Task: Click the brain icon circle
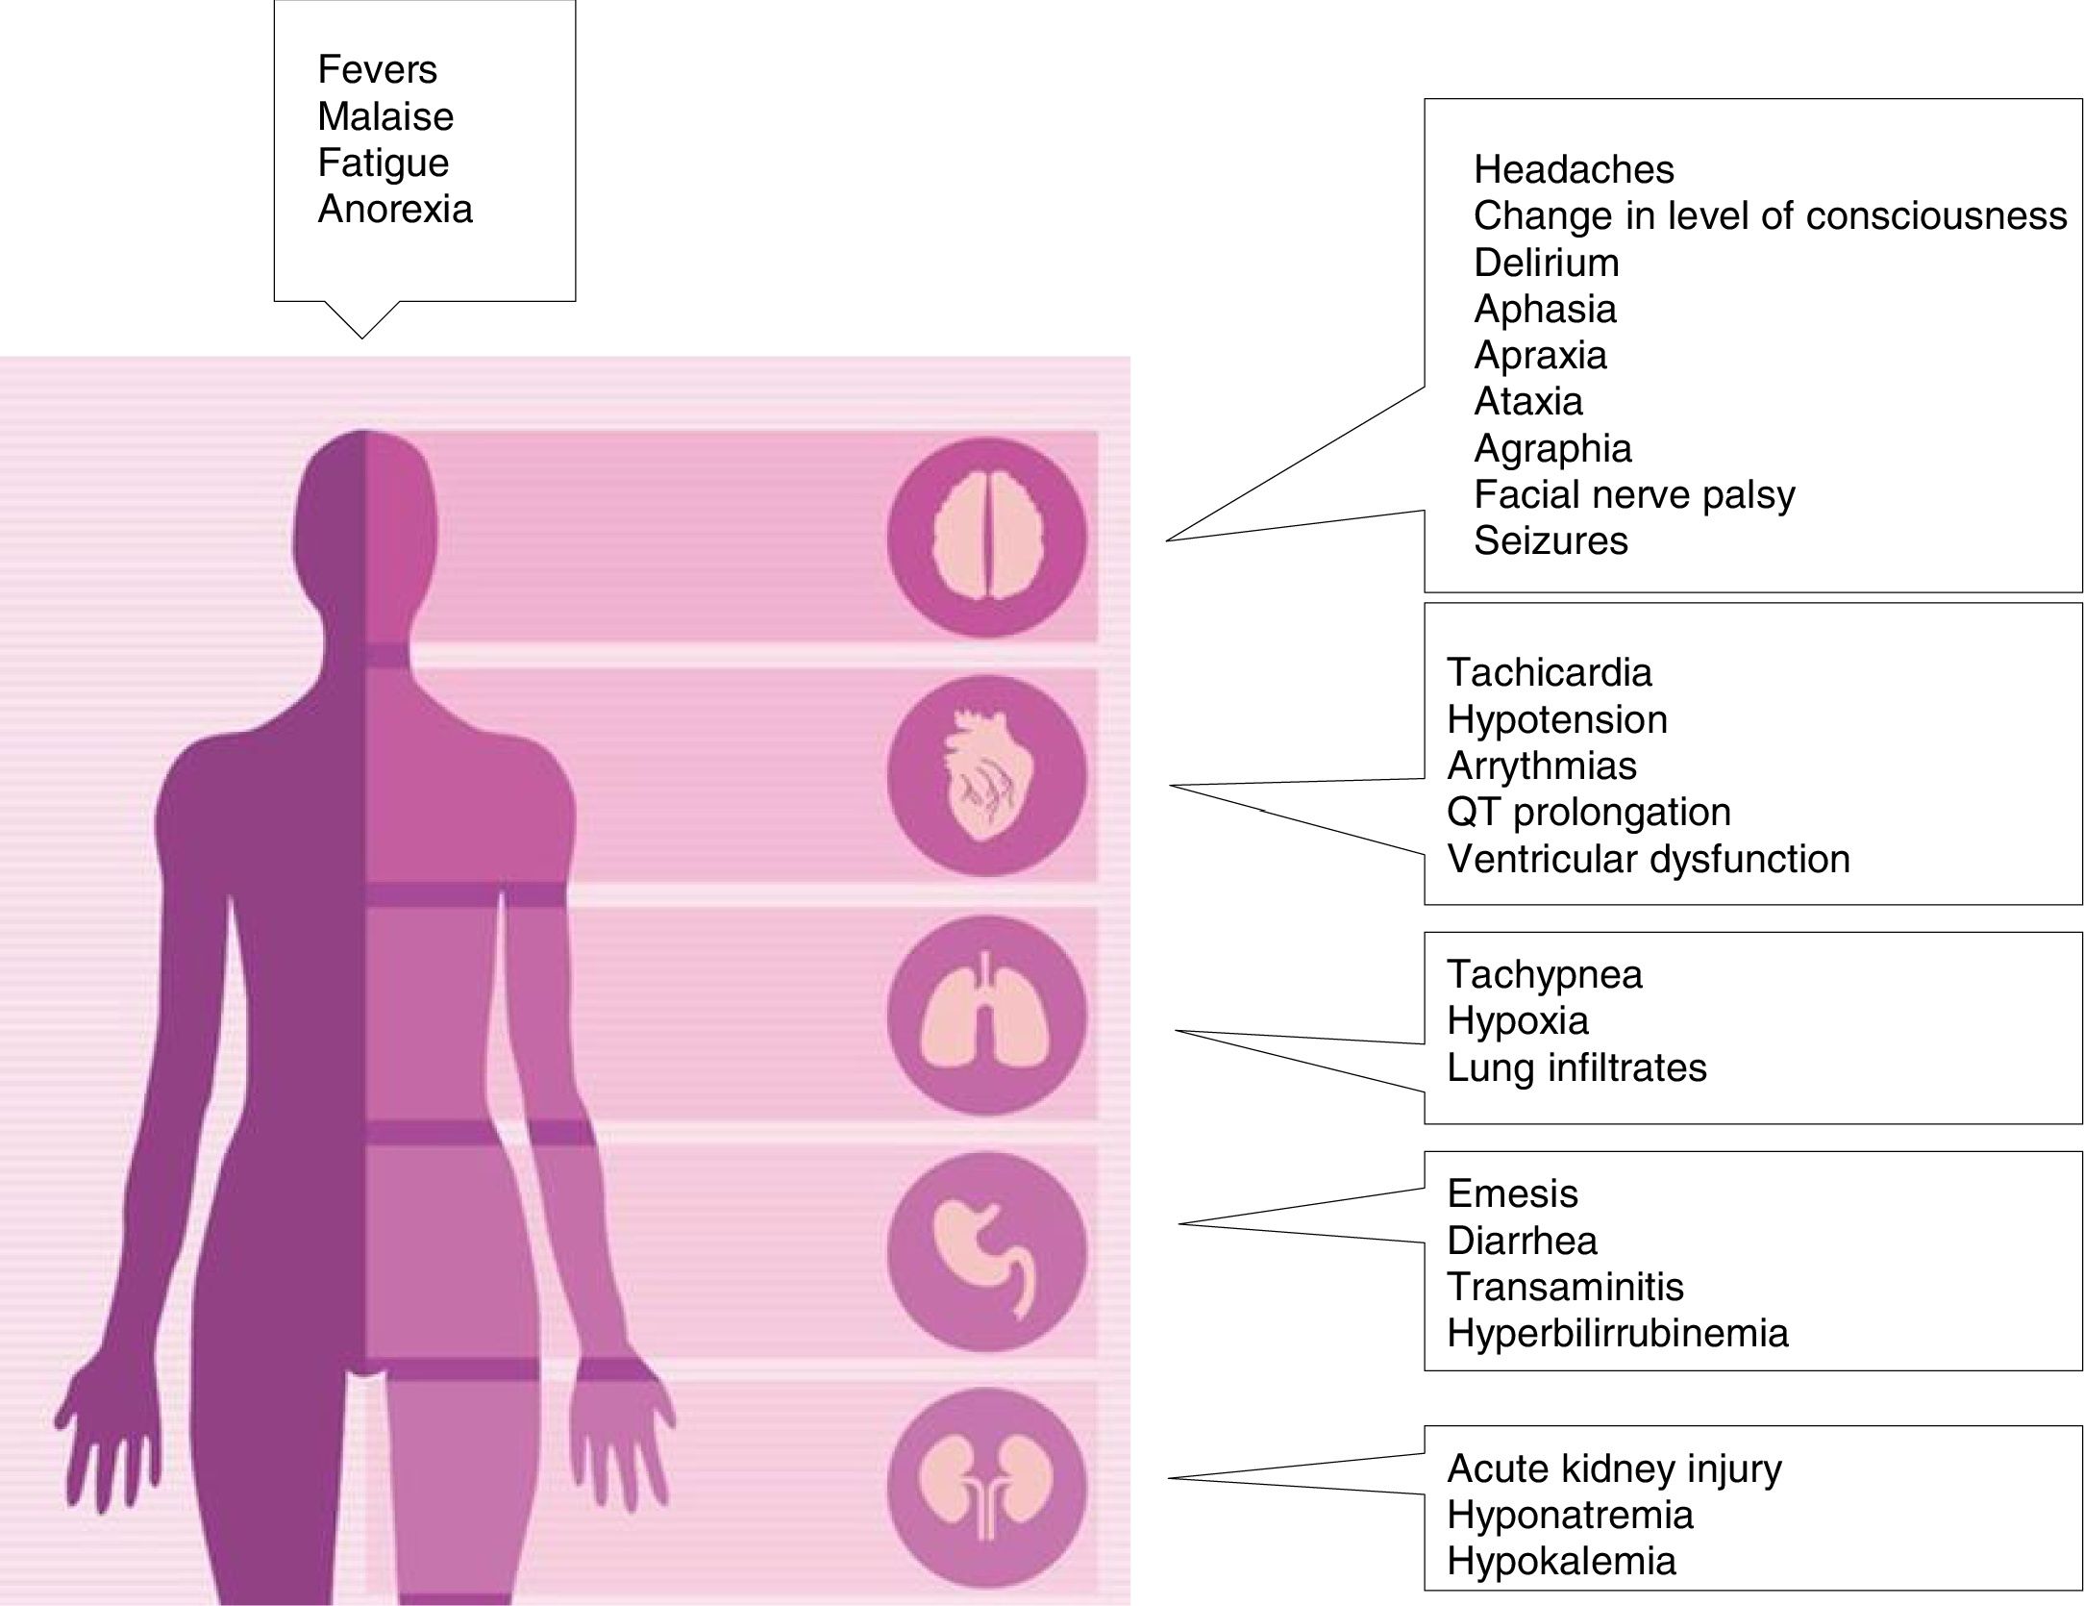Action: click(986, 538)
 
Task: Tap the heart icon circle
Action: click(986, 776)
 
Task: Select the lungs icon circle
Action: click(986, 1015)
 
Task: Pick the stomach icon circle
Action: click(986, 1253)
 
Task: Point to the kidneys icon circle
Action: click(986, 1487)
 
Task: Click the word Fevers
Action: click(377, 70)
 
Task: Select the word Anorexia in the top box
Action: click(395, 210)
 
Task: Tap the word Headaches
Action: click(1574, 170)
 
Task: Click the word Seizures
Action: click(1551, 541)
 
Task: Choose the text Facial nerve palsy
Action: click(1634, 495)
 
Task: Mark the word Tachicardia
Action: click(1549, 673)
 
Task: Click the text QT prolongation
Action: click(1588, 813)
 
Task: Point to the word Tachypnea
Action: click(1544, 975)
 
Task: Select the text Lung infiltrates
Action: click(1576, 1068)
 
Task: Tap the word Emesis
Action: click(1512, 1194)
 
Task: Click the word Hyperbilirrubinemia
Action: click(1617, 1334)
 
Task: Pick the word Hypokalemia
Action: click(1561, 1561)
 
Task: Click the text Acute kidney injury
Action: click(1614, 1468)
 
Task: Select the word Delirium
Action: click(1546, 263)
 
